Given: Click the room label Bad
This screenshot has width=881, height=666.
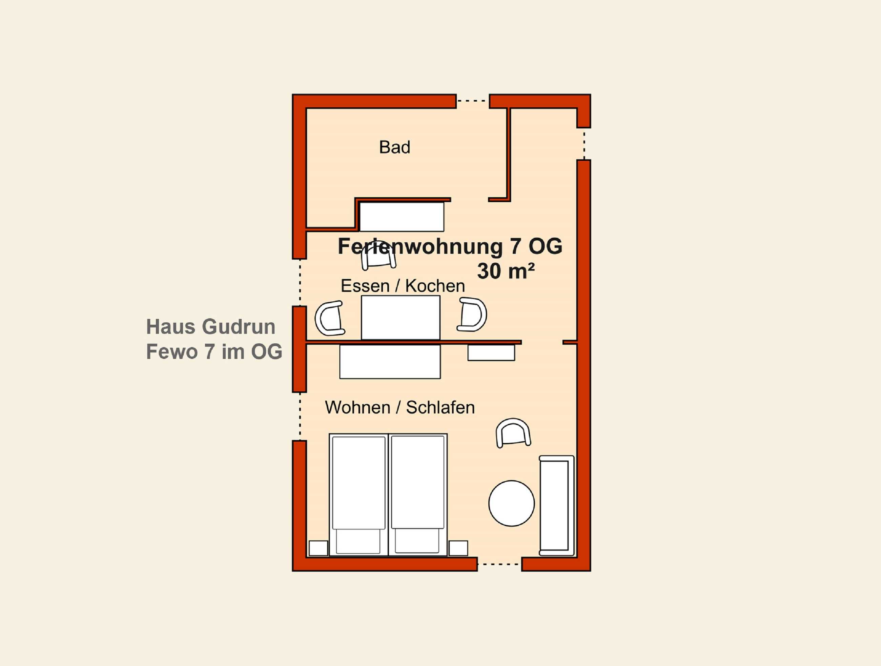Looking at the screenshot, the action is (x=394, y=147).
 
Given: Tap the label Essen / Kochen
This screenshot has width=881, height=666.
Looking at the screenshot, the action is (x=403, y=286).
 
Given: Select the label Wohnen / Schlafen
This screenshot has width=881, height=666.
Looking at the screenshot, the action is (x=400, y=407).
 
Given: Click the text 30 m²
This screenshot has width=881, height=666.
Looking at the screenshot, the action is (x=506, y=271).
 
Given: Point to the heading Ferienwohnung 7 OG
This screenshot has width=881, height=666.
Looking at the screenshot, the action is (x=450, y=246).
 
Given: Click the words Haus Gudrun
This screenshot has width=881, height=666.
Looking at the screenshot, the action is (x=211, y=327).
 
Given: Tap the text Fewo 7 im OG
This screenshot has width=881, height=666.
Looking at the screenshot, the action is (x=214, y=351).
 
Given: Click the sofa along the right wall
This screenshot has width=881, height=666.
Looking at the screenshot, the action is (x=556, y=505).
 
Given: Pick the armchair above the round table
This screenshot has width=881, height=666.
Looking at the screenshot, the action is (x=513, y=432).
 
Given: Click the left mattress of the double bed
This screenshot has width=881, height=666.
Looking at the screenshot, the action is (x=358, y=494).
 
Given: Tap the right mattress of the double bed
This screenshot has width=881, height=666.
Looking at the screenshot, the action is (x=418, y=494).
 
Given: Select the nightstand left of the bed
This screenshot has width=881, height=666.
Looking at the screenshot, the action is (x=319, y=548).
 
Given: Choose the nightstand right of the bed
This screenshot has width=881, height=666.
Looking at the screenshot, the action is (x=458, y=548).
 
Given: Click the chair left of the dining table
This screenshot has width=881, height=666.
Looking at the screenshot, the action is (x=330, y=318).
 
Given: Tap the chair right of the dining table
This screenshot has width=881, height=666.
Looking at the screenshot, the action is (x=472, y=314).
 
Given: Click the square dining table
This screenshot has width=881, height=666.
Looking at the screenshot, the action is (x=401, y=318).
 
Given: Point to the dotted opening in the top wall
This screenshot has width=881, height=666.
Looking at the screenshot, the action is (x=472, y=101).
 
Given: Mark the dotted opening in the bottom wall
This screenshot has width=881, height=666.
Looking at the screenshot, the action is (x=499, y=564).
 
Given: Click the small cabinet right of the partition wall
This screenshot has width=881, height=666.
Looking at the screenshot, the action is (x=491, y=352).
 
